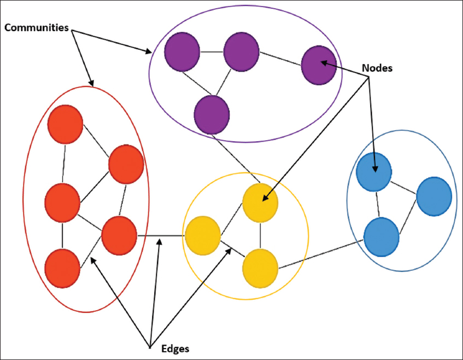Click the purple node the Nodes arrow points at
pos(318,65)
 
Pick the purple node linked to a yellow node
pos(212,115)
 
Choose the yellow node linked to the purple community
pos(260,201)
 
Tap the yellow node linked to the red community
pos(203,236)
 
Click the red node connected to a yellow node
pos(119,235)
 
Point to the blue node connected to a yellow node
pos(382,236)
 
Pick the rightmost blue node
pos(434,195)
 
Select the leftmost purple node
pos(182,52)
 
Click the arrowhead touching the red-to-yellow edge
pos(159,241)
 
